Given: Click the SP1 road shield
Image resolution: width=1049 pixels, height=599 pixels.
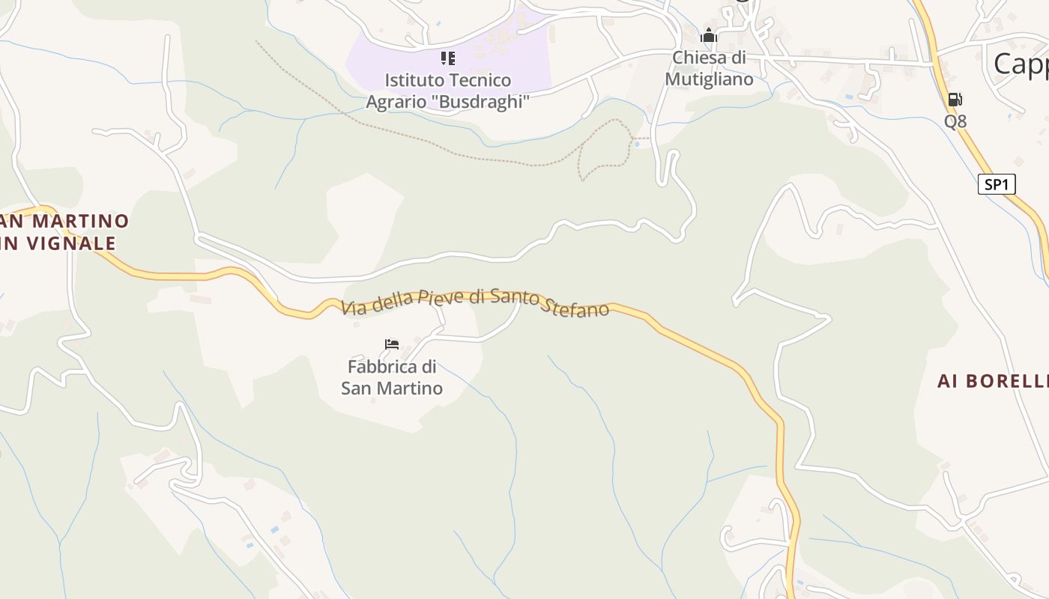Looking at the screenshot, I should click(x=997, y=184).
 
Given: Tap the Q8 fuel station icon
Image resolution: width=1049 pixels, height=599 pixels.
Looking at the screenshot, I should click(x=955, y=99).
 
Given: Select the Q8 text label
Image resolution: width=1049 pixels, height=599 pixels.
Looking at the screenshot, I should click(x=955, y=121).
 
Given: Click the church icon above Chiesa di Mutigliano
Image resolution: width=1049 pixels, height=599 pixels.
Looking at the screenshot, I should click(x=709, y=35).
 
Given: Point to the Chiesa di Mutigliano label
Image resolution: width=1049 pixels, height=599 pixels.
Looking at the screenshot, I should click(x=709, y=68).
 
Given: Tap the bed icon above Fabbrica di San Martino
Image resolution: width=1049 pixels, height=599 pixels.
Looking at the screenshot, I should click(x=392, y=344).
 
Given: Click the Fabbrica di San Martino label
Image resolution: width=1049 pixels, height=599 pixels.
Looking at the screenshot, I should click(x=392, y=377).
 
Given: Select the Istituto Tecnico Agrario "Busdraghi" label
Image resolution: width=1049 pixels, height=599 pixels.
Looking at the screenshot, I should click(x=448, y=91).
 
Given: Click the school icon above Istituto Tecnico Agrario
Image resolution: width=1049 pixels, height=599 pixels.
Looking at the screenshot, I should click(x=448, y=58).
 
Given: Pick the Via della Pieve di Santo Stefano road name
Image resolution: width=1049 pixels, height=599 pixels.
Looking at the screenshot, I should click(x=475, y=301).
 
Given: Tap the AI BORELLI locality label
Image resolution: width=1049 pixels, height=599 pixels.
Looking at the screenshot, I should click(x=993, y=381).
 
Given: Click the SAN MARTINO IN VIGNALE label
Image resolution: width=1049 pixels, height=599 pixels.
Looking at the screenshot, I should click(x=63, y=232).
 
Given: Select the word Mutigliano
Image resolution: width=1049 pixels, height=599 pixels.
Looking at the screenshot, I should click(x=709, y=79).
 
